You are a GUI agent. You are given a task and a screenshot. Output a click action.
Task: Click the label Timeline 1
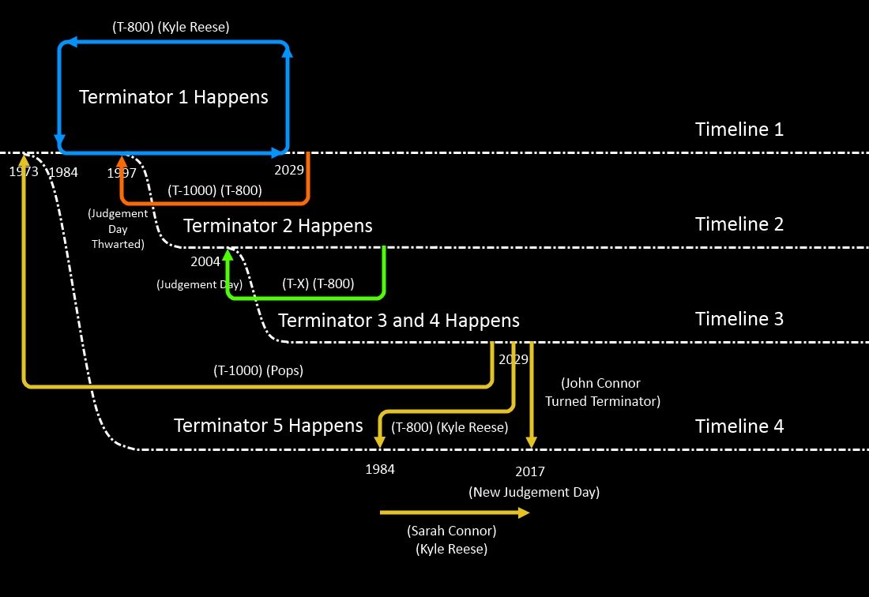[x=739, y=130]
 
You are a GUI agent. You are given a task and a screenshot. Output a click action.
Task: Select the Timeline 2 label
[x=739, y=224]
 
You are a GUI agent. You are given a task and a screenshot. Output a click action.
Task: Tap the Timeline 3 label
[x=739, y=319]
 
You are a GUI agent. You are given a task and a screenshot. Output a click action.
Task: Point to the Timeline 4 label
[x=739, y=426]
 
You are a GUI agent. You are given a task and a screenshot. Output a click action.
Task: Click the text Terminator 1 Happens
[x=174, y=97]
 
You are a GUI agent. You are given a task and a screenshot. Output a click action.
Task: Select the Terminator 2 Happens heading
[x=277, y=226]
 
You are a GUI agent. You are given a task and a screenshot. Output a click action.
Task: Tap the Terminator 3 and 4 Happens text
[x=399, y=321]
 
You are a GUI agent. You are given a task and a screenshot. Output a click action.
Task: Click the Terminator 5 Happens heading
[x=268, y=426]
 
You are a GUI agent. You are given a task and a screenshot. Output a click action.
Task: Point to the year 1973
[x=24, y=171]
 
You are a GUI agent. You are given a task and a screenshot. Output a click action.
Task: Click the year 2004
[x=205, y=261]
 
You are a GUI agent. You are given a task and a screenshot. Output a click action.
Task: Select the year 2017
[x=529, y=472]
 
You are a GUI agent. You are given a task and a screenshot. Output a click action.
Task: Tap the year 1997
[x=122, y=173]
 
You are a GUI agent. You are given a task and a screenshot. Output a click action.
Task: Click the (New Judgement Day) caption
[x=534, y=492]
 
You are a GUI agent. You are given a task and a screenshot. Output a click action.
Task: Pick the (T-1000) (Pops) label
[x=258, y=370]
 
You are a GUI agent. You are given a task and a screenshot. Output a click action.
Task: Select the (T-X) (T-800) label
[x=318, y=283]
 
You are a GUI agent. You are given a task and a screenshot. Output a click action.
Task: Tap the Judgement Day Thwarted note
[x=118, y=228]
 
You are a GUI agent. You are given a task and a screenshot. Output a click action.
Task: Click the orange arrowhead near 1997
[x=122, y=162]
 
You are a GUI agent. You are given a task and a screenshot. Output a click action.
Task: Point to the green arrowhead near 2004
[x=228, y=255]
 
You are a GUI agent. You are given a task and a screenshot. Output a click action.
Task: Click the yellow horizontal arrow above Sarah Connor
[x=454, y=513]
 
